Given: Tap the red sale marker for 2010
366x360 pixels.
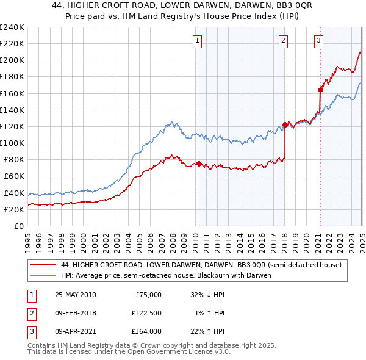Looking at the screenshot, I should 199,164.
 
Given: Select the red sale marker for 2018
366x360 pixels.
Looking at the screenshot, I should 285,124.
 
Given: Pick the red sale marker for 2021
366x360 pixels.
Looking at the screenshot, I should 320,90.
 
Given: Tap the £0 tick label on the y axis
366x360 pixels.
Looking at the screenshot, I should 18,226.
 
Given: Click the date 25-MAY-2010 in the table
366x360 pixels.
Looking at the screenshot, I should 76,295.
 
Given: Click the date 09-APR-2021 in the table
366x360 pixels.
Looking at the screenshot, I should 76,331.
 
